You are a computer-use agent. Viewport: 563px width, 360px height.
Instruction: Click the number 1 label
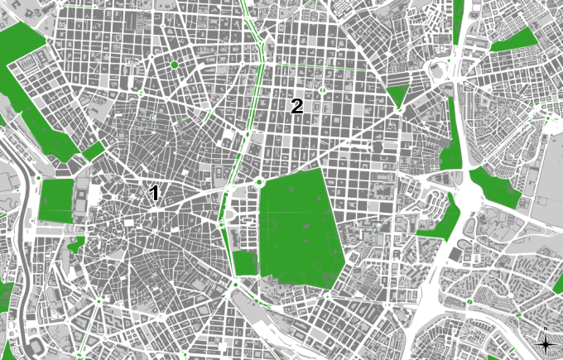154,194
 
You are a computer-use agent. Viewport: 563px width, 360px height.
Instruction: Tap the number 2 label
296,106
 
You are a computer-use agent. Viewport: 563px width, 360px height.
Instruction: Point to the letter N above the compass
546,330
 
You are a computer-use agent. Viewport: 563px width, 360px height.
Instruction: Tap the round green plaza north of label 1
174,65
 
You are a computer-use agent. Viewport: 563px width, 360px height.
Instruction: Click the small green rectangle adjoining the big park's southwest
245,263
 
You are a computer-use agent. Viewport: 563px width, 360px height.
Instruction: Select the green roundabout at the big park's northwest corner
259,182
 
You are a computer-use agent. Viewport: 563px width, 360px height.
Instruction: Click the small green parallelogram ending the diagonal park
94,151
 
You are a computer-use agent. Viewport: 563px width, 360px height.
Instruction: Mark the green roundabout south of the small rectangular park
235,286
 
